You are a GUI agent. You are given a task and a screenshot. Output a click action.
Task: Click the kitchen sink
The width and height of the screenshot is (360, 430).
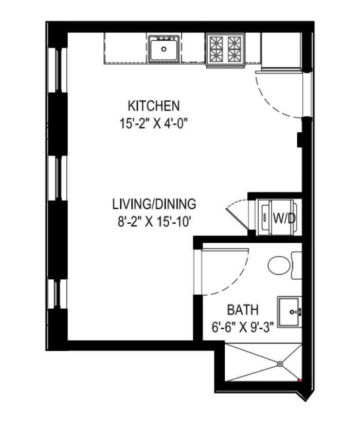[164, 49]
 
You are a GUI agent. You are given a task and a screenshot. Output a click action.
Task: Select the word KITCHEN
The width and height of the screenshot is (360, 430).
[154, 106]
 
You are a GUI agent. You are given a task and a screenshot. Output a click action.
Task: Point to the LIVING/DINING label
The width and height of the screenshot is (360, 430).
[154, 204]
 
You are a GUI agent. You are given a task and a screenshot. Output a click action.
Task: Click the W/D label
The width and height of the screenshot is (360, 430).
[284, 218]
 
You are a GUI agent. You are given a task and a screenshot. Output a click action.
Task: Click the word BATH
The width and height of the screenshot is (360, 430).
[243, 310]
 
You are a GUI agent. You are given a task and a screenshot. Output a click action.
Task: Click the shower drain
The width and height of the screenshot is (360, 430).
[280, 364]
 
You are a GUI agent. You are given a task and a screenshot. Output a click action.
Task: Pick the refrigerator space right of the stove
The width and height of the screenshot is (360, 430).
[280, 49]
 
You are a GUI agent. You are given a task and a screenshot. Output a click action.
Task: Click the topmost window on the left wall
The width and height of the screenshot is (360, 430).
[58, 70]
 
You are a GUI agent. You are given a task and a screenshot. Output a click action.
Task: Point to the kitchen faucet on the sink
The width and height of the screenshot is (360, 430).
[164, 39]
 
